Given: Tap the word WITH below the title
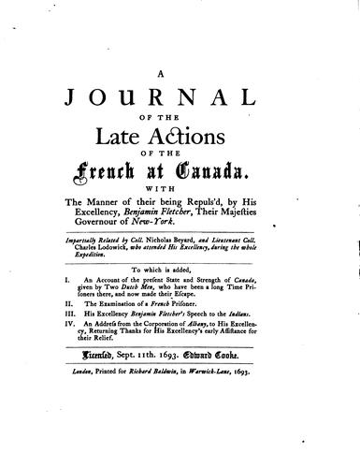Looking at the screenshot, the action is (181, 199).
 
